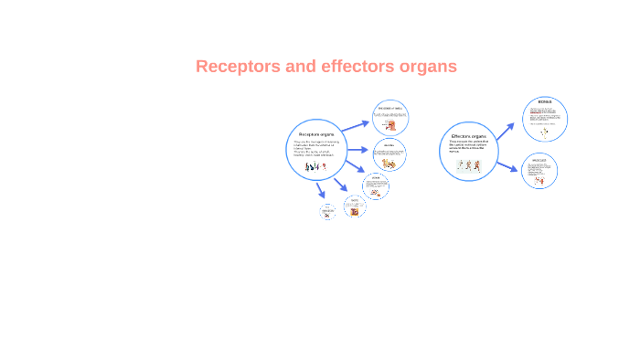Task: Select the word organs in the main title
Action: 428,67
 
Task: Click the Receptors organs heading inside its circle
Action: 315,134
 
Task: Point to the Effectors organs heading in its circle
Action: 467,136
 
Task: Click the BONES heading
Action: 545,103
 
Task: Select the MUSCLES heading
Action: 539,159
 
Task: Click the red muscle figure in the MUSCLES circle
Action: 539,180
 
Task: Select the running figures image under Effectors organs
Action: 467,166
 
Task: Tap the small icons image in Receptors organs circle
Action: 315,167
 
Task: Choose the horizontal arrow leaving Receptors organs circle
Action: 357,150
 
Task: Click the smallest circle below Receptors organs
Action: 328,212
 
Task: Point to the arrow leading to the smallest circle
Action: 320,191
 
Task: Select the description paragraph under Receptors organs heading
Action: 315,148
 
